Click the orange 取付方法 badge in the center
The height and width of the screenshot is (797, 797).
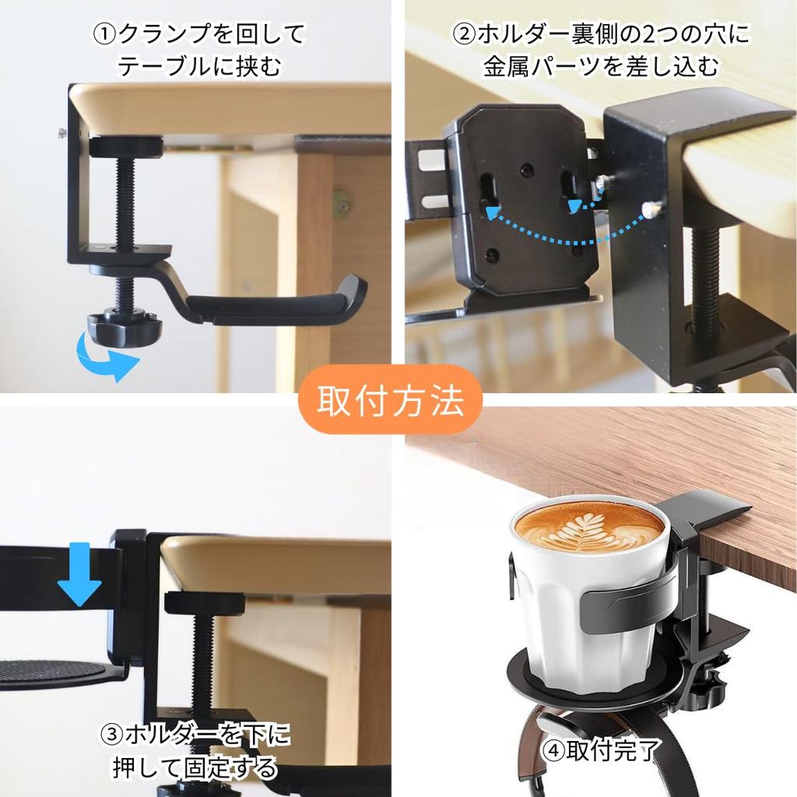click(391, 401)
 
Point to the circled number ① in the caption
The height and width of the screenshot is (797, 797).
click(104, 35)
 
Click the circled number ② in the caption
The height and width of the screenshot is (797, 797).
click(464, 35)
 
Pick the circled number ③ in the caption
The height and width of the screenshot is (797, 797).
click(113, 734)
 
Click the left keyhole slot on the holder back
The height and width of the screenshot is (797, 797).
click(489, 191)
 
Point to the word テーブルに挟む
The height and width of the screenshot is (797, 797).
click(200, 66)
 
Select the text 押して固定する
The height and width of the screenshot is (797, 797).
click(195, 768)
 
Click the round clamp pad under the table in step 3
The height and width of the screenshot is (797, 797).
click(204, 602)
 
